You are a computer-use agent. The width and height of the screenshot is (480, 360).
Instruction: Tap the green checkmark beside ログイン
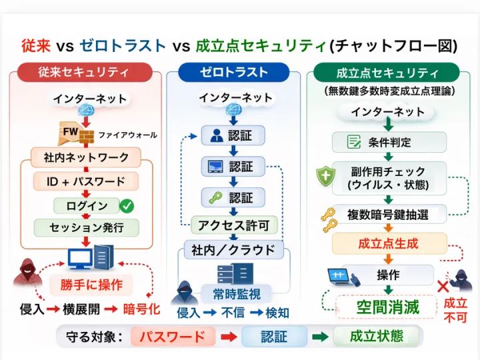(126, 205)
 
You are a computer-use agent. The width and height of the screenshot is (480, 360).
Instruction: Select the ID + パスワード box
(85, 181)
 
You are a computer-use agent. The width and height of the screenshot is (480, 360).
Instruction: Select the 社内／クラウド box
(234, 251)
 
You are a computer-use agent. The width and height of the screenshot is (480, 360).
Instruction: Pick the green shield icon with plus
(325, 176)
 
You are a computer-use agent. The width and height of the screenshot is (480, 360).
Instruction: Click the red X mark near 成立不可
(441, 287)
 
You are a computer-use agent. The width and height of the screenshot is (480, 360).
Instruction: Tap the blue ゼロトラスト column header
(233, 72)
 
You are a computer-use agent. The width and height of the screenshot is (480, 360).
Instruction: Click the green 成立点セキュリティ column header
(387, 72)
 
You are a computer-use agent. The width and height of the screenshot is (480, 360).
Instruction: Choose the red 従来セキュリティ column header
(84, 72)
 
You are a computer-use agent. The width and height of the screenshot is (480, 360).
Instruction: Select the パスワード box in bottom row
(172, 336)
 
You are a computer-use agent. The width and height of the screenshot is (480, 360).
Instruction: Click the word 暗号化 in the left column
(141, 309)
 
